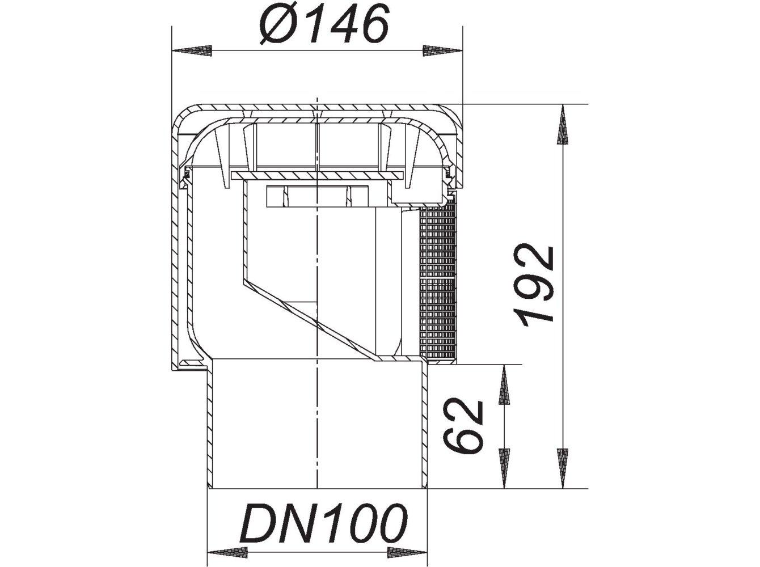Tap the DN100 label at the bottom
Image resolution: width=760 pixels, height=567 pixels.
pyautogui.click(x=324, y=523)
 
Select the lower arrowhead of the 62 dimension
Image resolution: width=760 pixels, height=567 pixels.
pyautogui.click(x=503, y=468)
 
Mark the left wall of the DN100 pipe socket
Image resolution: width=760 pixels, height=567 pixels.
pyautogui.click(x=210, y=425)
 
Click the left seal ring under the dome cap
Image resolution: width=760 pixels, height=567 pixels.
pyautogui.click(x=184, y=176)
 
